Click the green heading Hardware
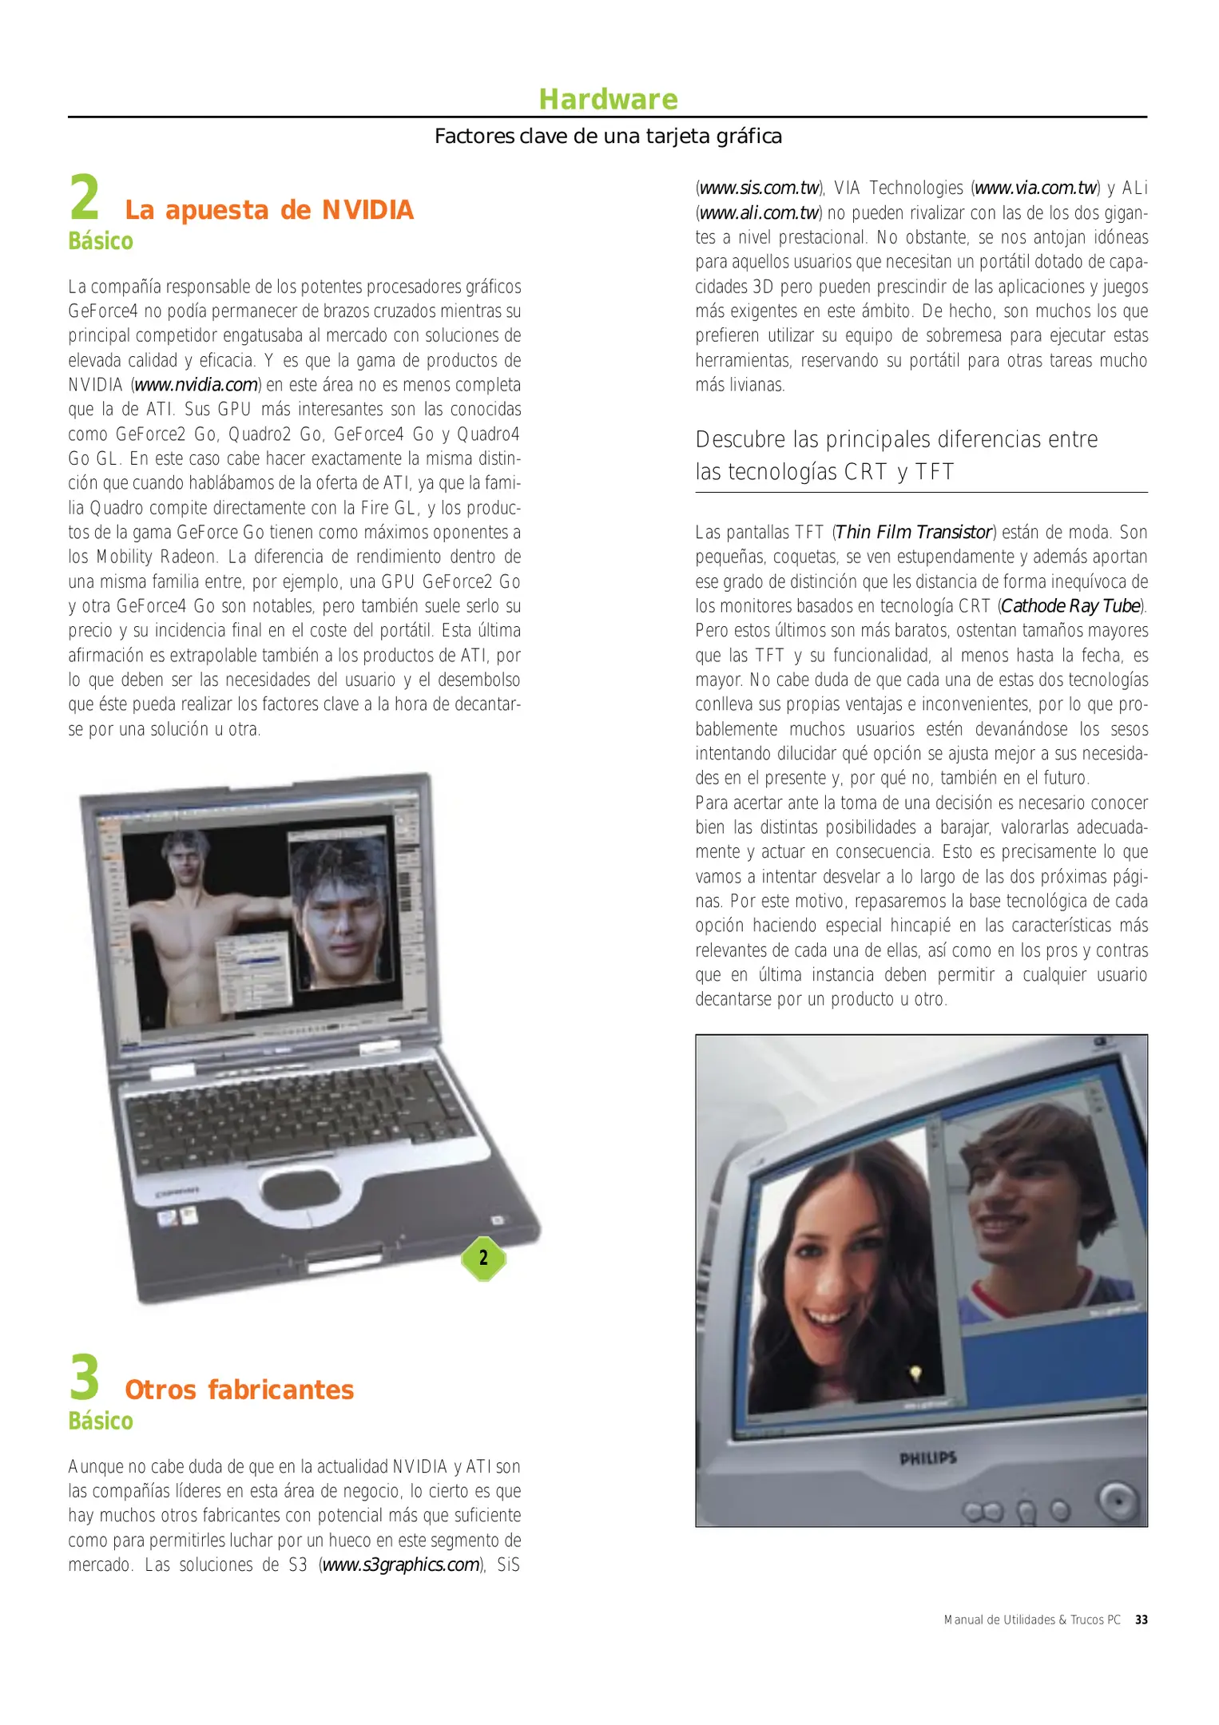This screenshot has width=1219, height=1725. pos(608,100)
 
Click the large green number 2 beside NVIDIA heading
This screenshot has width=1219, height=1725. pos(85,198)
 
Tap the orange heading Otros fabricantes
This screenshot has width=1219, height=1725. pos(239,1390)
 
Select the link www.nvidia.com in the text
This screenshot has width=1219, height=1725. pos(197,385)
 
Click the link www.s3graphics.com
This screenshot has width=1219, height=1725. pos(401,1564)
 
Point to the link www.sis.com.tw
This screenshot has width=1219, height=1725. pos(759,188)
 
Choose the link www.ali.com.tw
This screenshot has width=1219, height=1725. pos(759,213)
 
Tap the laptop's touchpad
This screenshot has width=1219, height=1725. pos(301,1191)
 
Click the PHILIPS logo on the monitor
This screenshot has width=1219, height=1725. pos(927,1458)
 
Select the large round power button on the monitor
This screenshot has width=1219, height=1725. pos(1118,1500)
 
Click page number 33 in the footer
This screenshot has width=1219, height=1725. pos(1142,1620)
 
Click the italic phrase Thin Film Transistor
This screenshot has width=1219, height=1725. pos(913,533)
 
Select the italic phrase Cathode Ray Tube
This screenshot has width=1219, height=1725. pos(1070,606)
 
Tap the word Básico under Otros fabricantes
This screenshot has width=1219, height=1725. pos(101,1422)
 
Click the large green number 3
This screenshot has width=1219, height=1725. pos(85,1378)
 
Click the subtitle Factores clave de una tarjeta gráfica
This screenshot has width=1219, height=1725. pos(608,137)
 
